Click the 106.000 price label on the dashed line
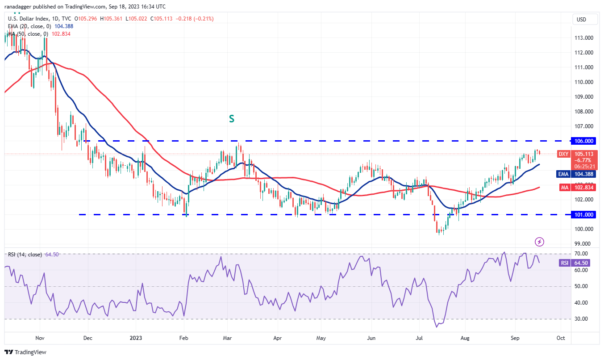[584, 141]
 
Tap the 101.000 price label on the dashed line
[584, 214]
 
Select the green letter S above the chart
[231, 119]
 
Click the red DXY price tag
[564, 154]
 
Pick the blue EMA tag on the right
[565, 174]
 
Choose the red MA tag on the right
[565, 188]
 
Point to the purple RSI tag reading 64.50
[565, 263]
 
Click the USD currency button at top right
[581, 20]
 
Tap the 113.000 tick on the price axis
[583, 38]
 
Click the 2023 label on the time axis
[135, 338]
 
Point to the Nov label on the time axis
[40, 338]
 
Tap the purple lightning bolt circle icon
[539, 242]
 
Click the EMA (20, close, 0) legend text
[29, 26]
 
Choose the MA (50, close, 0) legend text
[28, 33]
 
